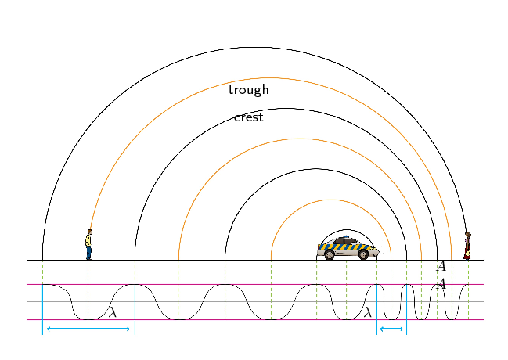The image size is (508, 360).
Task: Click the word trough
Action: (248, 90)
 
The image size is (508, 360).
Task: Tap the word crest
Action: (248, 117)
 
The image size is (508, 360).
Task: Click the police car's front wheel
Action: (363, 255)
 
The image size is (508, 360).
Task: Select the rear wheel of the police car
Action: (330, 255)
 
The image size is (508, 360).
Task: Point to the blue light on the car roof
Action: (346, 237)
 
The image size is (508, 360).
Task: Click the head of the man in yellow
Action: (90, 232)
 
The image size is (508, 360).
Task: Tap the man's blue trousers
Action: (88, 253)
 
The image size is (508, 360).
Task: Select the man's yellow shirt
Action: (88, 241)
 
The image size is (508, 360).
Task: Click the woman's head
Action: (468, 235)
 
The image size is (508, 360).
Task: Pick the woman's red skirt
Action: (467, 254)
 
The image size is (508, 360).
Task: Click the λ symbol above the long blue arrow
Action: (113, 312)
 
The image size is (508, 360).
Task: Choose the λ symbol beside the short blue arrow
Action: (368, 312)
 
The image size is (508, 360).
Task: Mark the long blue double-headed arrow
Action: (88, 329)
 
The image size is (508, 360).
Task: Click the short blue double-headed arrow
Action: (391, 329)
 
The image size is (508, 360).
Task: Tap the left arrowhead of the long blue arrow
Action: (49, 329)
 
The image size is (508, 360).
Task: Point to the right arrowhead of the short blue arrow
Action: (402, 329)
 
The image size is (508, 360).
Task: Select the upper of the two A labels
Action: (441, 266)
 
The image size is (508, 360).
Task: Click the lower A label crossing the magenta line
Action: (441, 284)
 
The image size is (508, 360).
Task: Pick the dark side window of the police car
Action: (344, 241)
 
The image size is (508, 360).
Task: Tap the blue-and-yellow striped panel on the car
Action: (345, 247)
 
